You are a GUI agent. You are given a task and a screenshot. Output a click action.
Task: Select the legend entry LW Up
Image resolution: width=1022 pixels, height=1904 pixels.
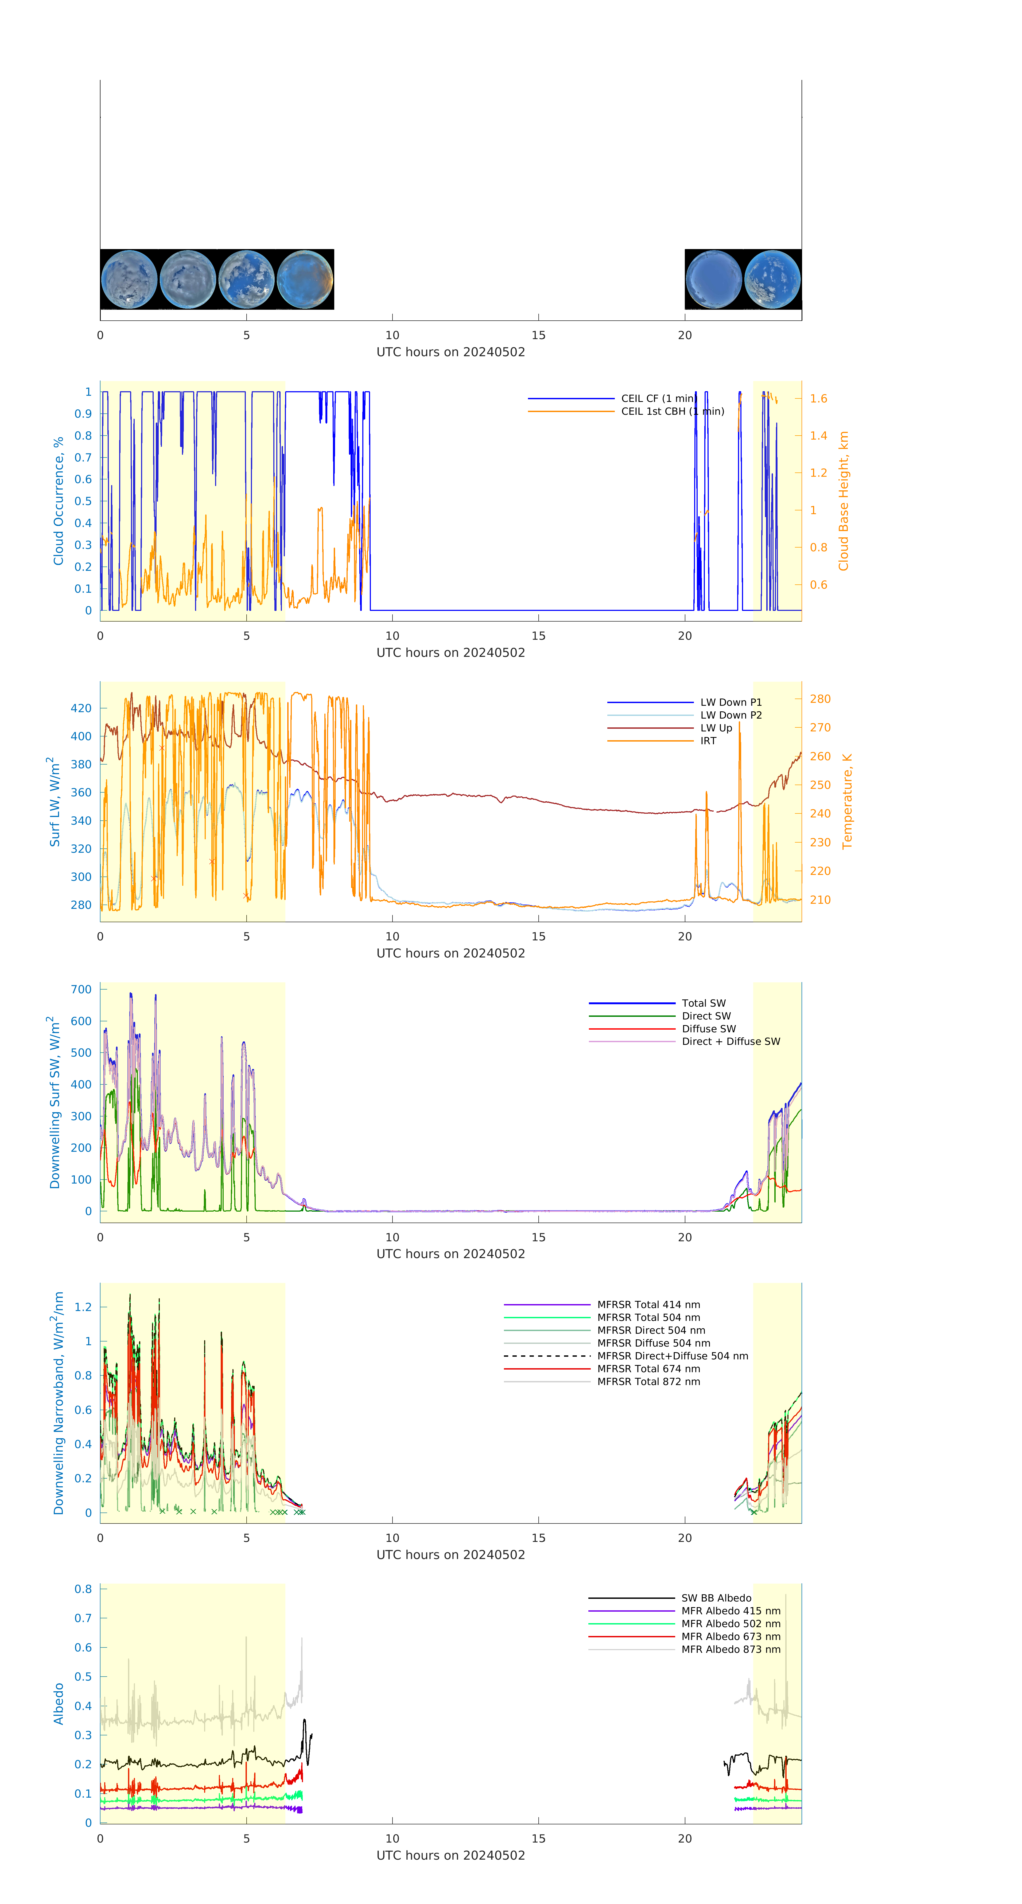tap(715, 728)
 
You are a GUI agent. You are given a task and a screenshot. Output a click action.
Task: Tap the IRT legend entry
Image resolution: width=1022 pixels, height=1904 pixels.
tap(708, 740)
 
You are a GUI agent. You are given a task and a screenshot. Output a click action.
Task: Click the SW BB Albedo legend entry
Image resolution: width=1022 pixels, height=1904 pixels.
tap(715, 1598)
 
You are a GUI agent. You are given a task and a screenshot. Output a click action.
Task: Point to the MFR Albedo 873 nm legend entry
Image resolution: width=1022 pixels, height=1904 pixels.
tap(730, 1649)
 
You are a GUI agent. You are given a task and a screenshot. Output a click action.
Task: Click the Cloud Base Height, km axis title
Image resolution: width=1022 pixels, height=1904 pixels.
tap(843, 501)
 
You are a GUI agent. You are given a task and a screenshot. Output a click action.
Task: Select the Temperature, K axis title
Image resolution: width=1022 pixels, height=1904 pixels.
tap(847, 801)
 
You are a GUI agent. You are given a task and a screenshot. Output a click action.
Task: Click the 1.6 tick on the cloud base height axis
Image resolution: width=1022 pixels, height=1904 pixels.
tap(818, 398)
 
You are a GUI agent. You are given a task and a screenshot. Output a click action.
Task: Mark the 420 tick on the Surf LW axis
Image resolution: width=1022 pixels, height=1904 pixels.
tap(81, 708)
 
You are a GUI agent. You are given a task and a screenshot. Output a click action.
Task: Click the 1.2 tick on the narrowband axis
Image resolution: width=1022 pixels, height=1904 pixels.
tap(84, 1307)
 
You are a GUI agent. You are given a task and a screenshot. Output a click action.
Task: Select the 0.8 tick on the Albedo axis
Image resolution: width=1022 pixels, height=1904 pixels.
tap(84, 1589)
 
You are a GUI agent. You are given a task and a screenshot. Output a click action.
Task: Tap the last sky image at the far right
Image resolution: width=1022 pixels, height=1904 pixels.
tap(772, 280)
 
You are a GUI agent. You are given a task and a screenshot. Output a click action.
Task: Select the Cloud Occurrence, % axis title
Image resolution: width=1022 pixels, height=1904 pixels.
tap(58, 501)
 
